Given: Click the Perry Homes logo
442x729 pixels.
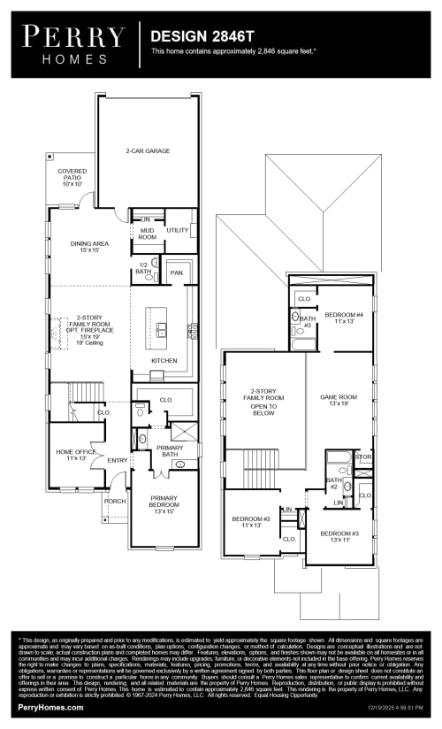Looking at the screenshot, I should (x=73, y=43).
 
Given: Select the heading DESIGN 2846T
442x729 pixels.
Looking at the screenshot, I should (x=202, y=37).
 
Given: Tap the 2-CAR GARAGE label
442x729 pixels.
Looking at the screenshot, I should (x=148, y=151).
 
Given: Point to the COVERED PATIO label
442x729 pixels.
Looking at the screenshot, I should (x=72, y=177).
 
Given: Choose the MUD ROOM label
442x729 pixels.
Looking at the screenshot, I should (x=147, y=234).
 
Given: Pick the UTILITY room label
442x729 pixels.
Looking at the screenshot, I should (x=178, y=230).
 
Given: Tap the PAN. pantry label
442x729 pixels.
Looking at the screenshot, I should (x=177, y=273).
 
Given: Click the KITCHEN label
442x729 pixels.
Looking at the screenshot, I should (x=164, y=361).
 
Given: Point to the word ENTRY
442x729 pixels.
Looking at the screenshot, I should (x=117, y=460).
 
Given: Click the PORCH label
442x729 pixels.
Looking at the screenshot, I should (x=115, y=501).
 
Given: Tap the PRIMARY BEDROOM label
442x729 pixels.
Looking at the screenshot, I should (x=164, y=505).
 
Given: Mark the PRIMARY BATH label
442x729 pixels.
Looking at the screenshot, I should (x=170, y=451).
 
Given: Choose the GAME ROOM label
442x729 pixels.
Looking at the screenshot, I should (x=338, y=401).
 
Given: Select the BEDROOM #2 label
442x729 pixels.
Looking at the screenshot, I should (x=251, y=522).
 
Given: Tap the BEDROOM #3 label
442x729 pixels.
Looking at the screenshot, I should (x=339, y=536).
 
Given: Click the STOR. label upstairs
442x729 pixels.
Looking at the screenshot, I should (x=363, y=457).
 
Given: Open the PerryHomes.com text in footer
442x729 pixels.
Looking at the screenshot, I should (x=51, y=708).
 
